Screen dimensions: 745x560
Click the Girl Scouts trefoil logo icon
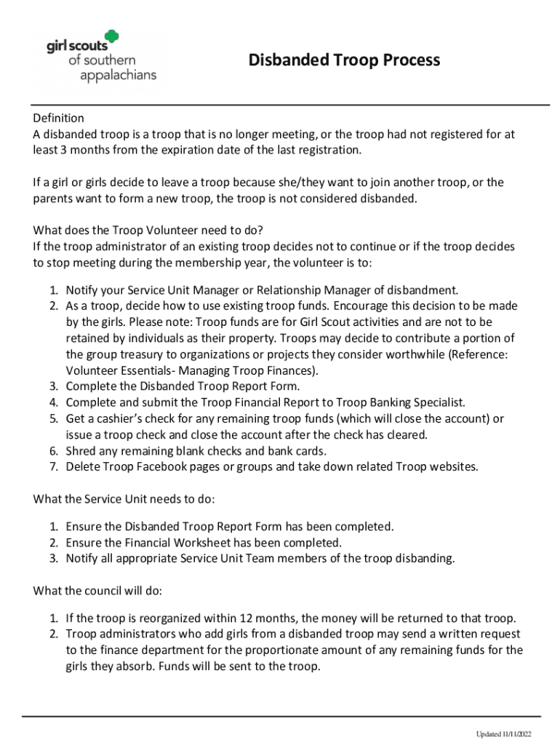[x=111, y=39]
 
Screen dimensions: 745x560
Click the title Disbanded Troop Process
[x=344, y=60]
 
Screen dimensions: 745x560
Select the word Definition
[x=59, y=118]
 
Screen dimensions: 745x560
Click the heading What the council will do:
[x=97, y=590]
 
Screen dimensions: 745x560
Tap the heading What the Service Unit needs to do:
[x=124, y=499]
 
